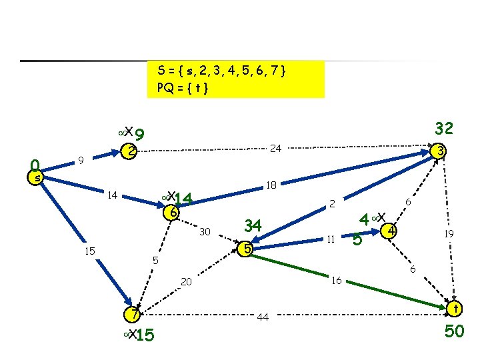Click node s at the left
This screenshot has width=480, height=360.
38,178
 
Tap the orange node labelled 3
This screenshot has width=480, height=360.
440,151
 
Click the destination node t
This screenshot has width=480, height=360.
456,309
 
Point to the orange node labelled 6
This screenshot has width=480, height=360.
172,213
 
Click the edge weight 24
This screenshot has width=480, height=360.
275,148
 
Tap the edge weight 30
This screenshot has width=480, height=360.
205,232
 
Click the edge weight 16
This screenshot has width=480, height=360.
337,281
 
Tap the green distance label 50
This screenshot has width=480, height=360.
454,331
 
